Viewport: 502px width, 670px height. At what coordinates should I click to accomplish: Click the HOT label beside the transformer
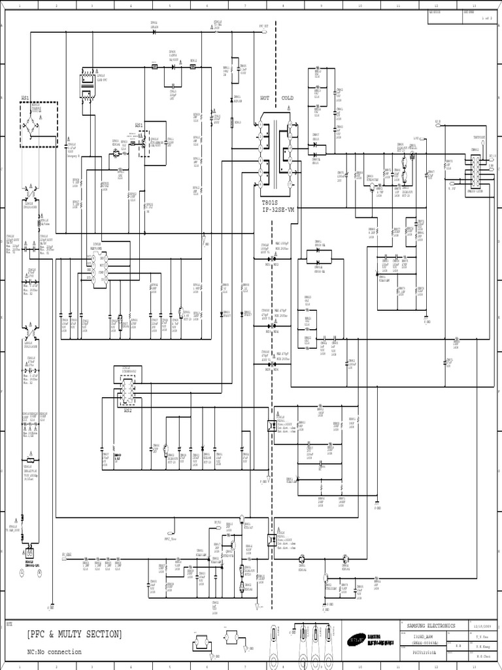(x=265, y=98)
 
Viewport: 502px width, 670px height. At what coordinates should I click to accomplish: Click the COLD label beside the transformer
(x=288, y=98)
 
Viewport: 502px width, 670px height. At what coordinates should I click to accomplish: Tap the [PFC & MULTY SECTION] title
(x=75, y=634)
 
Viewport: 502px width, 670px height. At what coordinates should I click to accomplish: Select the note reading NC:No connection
(x=54, y=652)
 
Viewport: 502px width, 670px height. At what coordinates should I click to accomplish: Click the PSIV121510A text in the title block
(x=424, y=652)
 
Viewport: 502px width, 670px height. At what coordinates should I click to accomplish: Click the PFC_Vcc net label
(x=171, y=540)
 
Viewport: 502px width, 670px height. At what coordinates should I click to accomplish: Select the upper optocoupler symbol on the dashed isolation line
(x=271, y=425)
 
